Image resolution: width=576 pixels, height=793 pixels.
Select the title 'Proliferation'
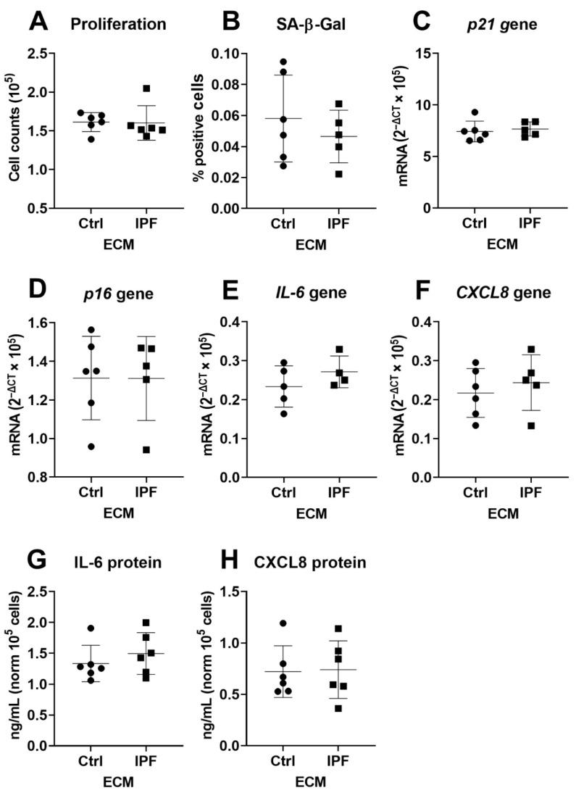118,23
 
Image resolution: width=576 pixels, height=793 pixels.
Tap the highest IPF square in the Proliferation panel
146,88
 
